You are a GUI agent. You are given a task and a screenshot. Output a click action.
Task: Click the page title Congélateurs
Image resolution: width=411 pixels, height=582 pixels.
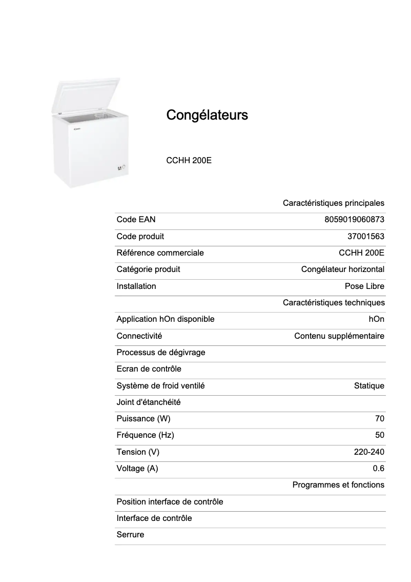(207, 115)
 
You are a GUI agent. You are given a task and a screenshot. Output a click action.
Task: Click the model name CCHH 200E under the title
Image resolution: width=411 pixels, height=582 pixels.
(189, 161)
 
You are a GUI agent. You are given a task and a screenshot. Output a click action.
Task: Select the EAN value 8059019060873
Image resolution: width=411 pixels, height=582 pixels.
(354, 220)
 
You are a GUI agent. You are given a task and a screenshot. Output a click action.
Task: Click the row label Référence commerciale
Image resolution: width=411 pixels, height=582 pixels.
(160, 253)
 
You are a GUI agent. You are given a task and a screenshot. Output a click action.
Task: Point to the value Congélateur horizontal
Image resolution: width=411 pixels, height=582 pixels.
(342, 269)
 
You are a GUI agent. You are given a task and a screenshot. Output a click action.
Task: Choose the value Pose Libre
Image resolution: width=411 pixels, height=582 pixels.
(364, 286)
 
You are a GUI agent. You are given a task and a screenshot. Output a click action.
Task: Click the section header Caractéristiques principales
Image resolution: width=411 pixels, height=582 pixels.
(333, 203)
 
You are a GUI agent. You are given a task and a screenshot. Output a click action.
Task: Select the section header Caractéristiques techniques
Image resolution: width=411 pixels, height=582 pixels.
(333, 303)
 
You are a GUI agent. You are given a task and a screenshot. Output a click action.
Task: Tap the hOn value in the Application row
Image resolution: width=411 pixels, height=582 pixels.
(376, 319)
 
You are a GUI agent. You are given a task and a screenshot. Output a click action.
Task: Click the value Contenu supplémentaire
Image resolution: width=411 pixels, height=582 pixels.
(339, 336)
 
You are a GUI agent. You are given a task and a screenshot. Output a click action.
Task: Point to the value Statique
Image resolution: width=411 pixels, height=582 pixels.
(369, 386)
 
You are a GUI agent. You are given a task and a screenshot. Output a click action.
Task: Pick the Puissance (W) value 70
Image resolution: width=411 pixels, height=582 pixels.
(379, 419)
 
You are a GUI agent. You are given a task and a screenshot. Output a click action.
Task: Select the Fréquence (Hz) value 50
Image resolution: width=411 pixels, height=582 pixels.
(379, 435)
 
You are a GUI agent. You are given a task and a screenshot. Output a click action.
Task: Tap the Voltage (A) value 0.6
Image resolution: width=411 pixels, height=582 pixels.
(378, 469)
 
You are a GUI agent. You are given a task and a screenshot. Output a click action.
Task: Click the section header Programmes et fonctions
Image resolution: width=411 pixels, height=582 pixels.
(338, 485)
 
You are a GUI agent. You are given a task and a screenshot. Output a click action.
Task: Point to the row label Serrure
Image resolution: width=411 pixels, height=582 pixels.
(130, 535)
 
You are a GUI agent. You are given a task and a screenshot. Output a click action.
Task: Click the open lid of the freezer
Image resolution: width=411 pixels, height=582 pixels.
(87, 94)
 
